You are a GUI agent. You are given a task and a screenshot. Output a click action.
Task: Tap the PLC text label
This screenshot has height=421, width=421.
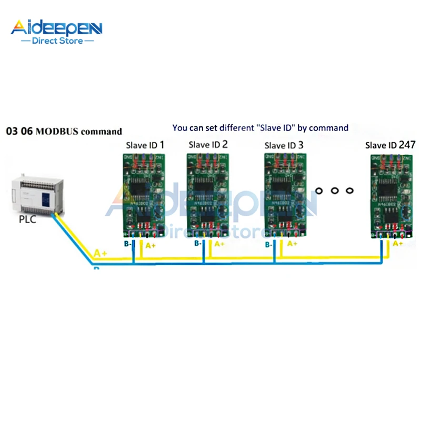coord(27,219)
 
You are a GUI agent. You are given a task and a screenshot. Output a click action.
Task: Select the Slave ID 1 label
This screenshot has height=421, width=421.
coord(145,145)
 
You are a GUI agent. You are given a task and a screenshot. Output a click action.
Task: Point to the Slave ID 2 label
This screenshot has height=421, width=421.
coord(208,144)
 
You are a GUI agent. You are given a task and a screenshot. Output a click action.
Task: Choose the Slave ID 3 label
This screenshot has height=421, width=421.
coord(284,145)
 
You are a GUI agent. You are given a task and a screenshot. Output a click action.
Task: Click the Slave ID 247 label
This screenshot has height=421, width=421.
coord(390,145)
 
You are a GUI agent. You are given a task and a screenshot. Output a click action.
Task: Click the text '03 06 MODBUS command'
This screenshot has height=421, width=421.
coord(64,131)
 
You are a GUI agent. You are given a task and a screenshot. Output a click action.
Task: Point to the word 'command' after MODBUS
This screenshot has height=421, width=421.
coord(103,131)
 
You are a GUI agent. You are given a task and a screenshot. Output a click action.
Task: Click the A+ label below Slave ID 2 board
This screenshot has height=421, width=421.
coord(219,244)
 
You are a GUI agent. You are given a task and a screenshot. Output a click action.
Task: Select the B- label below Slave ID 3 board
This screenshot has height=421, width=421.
coord(268,245)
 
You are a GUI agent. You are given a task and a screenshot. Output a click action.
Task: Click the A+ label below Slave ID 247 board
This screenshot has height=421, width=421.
coord(398,243)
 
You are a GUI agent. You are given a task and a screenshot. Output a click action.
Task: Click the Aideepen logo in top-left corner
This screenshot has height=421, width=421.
coord(57,27)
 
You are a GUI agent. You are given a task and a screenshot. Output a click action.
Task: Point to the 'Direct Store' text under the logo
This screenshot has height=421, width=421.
coord(57,41)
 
